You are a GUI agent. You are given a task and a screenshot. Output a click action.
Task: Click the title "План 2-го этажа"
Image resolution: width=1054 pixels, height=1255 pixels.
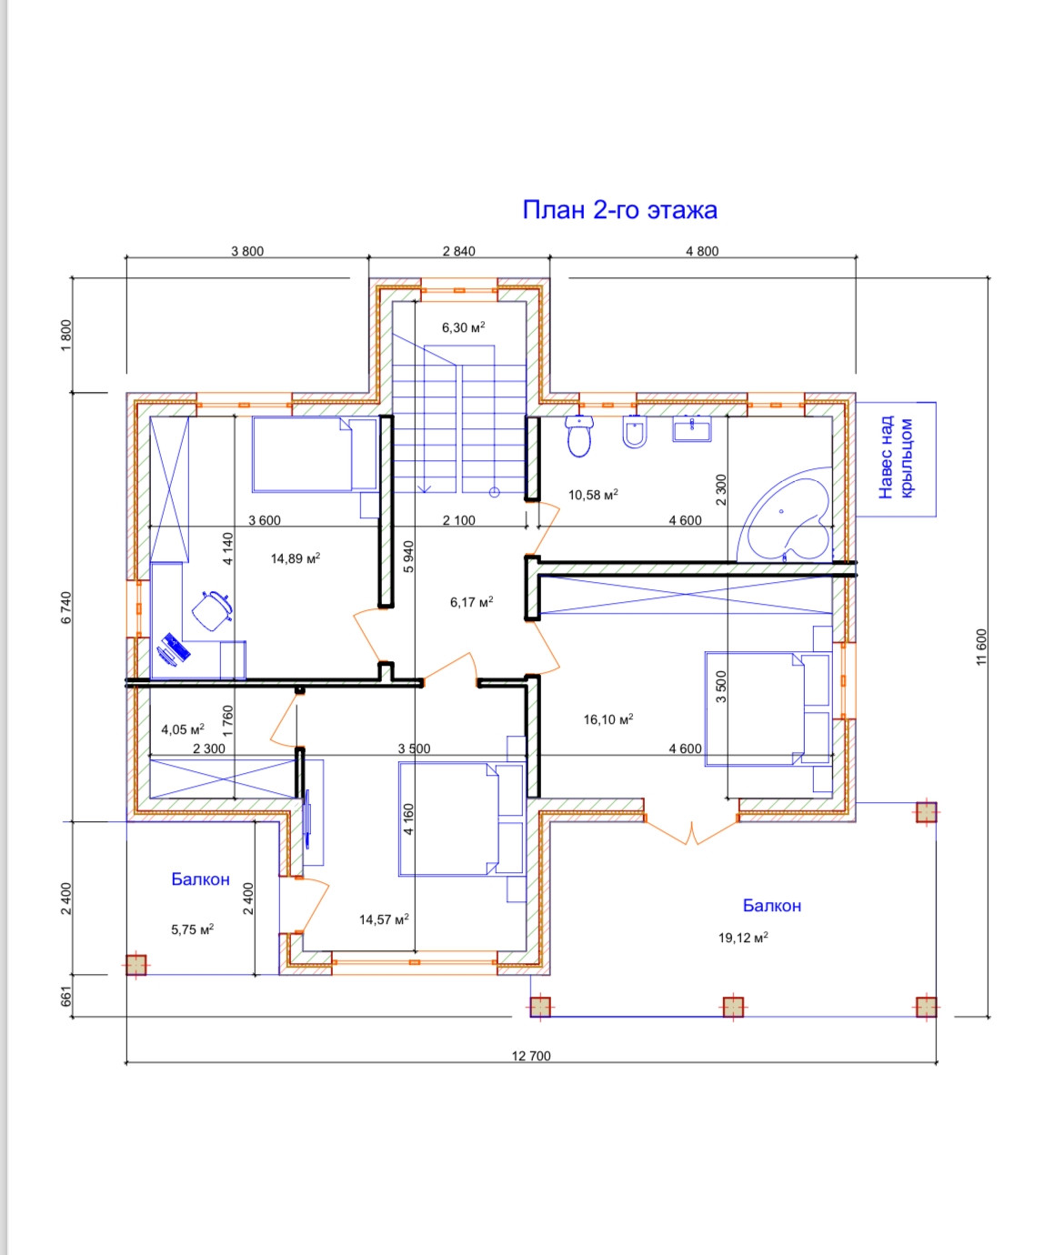(619, 210)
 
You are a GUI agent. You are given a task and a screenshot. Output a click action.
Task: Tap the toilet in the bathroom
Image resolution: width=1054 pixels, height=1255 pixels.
(579, 436)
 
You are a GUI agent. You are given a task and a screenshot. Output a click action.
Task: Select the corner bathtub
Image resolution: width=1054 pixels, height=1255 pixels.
(785, 514)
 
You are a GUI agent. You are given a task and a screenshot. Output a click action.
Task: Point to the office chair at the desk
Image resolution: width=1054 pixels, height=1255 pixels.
(212, 610)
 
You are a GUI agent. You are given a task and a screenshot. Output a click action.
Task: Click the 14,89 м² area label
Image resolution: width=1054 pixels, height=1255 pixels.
(296, 558)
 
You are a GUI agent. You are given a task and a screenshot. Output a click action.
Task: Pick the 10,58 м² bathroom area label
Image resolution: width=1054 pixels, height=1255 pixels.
(593, 495)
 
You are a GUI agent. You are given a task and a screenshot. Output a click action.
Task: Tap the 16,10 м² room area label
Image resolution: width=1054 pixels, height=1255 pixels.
(608, 718)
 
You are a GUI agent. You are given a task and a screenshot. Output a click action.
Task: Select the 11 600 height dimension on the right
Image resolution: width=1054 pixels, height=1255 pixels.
(981, 647)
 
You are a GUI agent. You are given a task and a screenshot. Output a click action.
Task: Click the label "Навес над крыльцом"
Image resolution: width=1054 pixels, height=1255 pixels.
(895, 458)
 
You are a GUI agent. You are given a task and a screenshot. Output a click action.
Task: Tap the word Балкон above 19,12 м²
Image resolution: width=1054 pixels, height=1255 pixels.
(772, 905)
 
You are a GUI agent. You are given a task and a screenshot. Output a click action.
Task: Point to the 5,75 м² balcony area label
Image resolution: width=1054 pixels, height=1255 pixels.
(193, 929)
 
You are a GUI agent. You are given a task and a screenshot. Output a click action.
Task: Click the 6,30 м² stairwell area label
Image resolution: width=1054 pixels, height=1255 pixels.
(463, 327)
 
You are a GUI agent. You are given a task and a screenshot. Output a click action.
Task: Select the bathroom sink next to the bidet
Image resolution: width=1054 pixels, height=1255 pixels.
(691, 429)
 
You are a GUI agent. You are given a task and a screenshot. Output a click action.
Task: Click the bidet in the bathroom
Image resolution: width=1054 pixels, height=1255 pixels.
(635, 432)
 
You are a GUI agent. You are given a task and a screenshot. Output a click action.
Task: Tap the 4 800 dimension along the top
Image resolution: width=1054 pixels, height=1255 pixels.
(702, 251)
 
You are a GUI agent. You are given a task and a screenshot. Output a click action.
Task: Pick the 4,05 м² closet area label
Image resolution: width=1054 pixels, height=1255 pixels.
(183, 729)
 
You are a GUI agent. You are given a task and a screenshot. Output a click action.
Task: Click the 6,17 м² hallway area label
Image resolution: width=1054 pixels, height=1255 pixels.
(471, 602)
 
